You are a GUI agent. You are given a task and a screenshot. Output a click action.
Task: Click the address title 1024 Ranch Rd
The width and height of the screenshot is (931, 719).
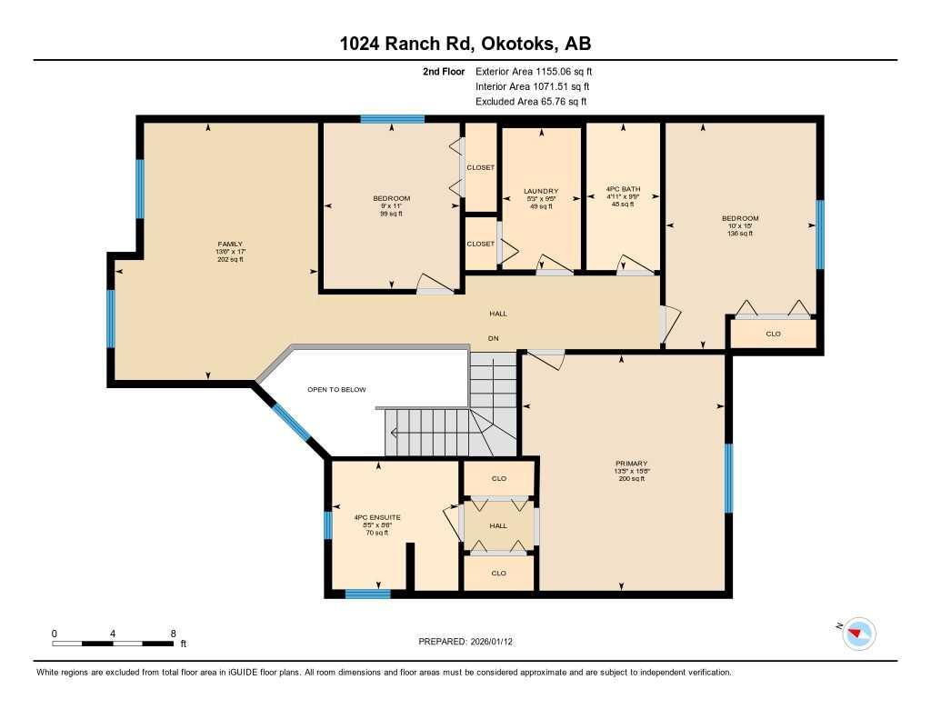[465, 45]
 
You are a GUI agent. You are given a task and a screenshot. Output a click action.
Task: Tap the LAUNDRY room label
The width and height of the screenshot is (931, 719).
[541, 191]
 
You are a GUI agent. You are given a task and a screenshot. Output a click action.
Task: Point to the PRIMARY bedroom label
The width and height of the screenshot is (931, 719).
[631, 464]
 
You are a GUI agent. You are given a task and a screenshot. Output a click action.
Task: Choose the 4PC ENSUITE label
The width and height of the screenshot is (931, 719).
[376, 517]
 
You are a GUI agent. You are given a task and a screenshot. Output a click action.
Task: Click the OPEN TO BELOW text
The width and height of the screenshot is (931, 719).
[336, 389]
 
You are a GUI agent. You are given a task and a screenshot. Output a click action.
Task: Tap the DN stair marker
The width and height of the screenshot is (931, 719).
[493, 338]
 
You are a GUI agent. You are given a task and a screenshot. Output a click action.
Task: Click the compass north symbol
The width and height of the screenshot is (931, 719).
[857, 633]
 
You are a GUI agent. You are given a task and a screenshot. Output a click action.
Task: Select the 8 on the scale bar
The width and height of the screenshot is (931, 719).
[172, 633]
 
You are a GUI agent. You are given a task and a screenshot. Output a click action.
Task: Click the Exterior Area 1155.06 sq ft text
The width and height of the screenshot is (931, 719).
[534, 71]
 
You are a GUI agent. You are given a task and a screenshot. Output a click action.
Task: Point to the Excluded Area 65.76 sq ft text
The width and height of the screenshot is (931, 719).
[531, 102]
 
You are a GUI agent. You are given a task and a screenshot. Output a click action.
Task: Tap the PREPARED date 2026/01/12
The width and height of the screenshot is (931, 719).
[471, 641]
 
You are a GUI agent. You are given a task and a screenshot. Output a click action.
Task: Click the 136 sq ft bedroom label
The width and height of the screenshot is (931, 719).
[739, 234]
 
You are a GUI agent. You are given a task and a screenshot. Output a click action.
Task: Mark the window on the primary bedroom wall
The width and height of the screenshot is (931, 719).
[728, 478]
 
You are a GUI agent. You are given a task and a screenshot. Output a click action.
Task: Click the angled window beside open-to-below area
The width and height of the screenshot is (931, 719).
[291, 421]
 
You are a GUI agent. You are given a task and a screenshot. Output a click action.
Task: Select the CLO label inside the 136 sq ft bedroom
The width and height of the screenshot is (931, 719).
[773, 334]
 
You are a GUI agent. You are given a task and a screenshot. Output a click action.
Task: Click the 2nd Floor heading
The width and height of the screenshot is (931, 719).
[444, 71]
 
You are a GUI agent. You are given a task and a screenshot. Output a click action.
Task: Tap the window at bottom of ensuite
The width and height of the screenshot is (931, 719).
[367, 594]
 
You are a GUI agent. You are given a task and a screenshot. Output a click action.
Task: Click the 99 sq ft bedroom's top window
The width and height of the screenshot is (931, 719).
[392, 118]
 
